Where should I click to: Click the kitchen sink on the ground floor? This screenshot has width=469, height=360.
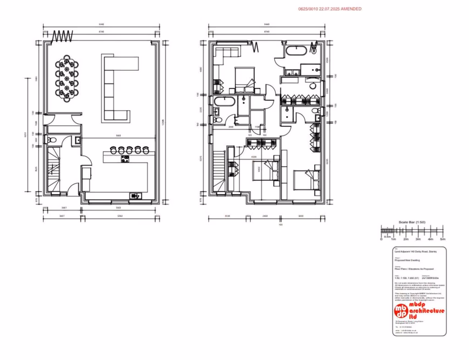pos(134,195)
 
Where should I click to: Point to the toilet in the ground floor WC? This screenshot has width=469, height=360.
pos(51,140)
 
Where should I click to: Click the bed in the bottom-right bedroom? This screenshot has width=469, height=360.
pos(306,178)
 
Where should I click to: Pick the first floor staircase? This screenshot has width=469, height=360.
pos(219,171)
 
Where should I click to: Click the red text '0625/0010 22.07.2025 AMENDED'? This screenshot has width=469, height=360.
pos(330,9)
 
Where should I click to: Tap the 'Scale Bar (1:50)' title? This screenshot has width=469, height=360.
pos(412,222)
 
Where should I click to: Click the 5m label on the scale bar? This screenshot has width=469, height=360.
pos(443,239)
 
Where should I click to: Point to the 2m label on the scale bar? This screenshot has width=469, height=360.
pos(405,239)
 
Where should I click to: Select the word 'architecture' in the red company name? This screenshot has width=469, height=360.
pos(427,311)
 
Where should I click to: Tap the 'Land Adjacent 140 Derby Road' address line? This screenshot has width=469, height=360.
pos(416,252)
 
